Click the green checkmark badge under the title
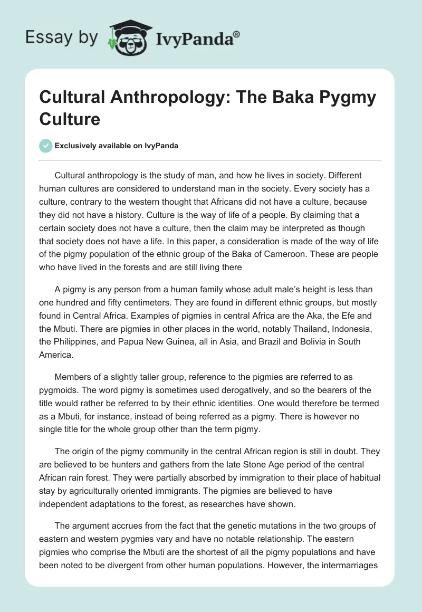(x=46, y=146)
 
